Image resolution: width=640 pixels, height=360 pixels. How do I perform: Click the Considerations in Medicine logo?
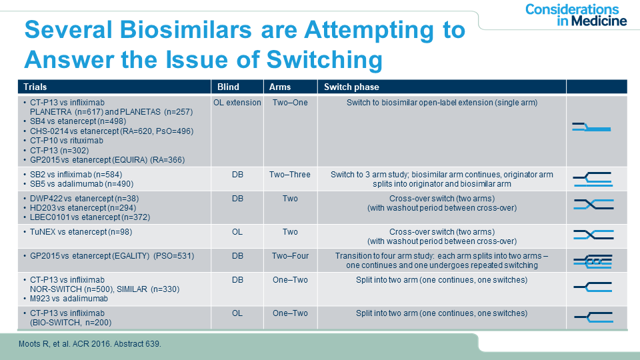(x=576, y=15)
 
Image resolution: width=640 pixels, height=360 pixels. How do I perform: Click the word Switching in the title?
(x=325, y=60)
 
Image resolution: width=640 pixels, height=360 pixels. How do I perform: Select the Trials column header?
(x=35, y=87)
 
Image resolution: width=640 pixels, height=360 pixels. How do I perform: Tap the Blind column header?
(x=228, y=87)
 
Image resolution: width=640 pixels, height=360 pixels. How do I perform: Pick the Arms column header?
(x=280, y=87)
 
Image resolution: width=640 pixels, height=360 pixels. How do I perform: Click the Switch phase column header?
(x=351, y=87)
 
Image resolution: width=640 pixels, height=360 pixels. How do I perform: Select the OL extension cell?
(x=237, y=103)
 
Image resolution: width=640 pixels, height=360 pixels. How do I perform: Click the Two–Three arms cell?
(x=290, y=175)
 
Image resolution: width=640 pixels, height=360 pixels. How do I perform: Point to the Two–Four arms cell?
(x=290, y=256)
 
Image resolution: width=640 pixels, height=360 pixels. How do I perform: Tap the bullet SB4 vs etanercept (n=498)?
(x=77, y=121)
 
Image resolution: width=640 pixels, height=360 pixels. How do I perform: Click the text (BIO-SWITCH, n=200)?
(x=71, y=323)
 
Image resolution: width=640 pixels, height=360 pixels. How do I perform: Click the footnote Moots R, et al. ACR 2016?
(x=90, y=344)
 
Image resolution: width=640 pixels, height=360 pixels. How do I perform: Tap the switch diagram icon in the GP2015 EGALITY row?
(x=593, y=261)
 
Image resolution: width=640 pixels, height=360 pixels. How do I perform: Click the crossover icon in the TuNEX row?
(x=593, y=235)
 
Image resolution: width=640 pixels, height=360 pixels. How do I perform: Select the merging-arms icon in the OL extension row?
(x=591, y=127)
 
